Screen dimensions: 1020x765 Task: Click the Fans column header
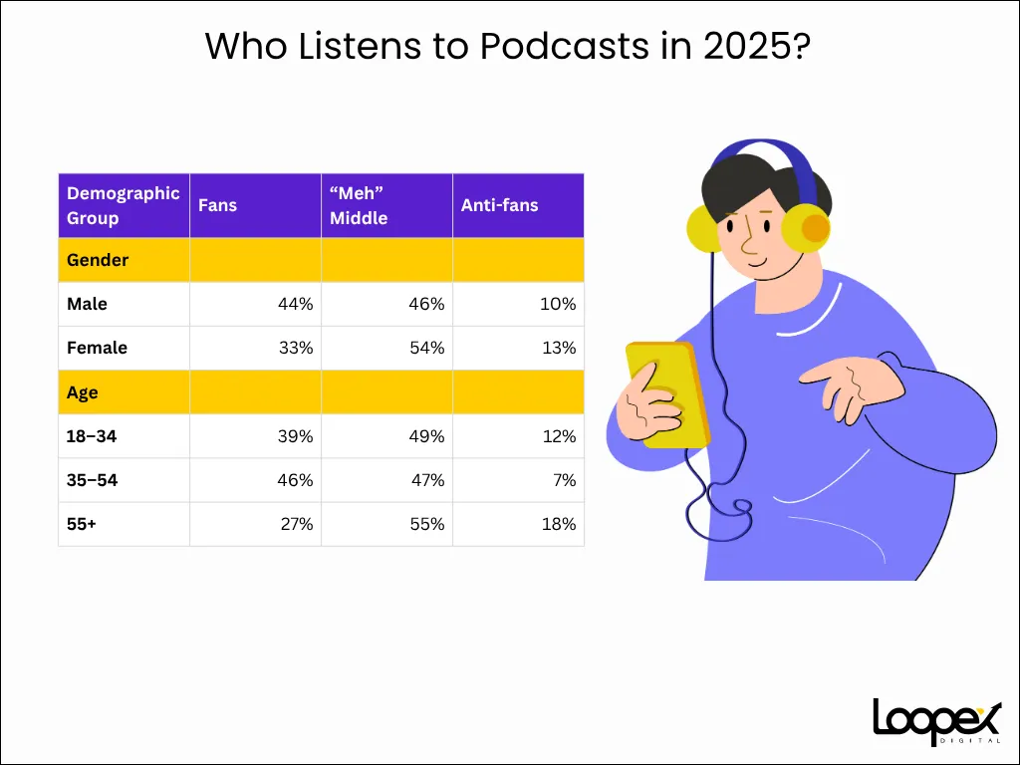[x=217, y=205]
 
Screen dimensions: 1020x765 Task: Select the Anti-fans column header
[x=500, y=205]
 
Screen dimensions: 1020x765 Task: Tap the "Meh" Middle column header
[x=359, y=205]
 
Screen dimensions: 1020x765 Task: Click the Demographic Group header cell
[x=123, y=205]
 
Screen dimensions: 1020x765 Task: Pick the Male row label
[x=87, y=304]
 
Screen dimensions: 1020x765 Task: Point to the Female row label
[x=97, y=348]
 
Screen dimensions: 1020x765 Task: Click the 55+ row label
[x=82, y=524]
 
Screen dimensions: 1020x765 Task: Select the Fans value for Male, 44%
[x=295, y=304]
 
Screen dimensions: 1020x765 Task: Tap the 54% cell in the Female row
[x=426, y=348]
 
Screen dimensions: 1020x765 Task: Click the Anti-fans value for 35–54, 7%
[x=565, y=480]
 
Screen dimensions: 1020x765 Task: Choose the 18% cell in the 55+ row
[x=559, y=524]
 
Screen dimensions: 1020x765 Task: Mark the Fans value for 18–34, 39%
[x=295, y=436]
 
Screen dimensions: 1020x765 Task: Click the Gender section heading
[x=98, y=260]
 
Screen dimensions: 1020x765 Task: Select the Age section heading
[x=82, y=392]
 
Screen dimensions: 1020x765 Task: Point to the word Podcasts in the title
[x=565, y=46]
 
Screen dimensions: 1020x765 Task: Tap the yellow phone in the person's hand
[x=667, y=394]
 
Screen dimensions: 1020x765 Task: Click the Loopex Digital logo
[x=937, y=721]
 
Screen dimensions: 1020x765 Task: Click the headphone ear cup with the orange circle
[x=805, y=228]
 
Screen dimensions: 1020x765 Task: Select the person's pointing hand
[x=851, y=388]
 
